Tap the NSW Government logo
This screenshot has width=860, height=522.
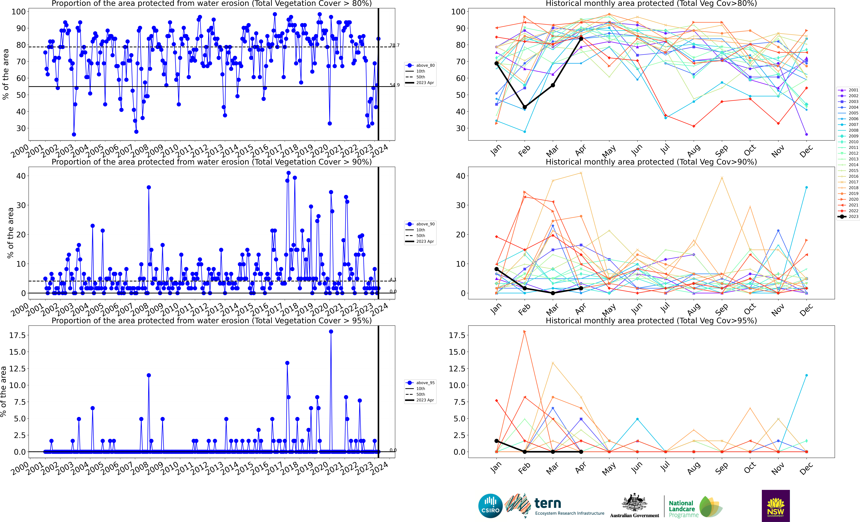[776, 506]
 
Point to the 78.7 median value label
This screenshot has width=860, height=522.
[394, 45]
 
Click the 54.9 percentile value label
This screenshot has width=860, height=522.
[394, 85]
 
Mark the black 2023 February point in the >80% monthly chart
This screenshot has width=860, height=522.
[525, 107]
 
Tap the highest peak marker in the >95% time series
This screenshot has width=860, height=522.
[331, 332]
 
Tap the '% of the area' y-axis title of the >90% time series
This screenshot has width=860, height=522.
[10, 233]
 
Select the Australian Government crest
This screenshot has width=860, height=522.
[635, 503]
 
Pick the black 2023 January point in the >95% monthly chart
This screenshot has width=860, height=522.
[496, 441]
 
